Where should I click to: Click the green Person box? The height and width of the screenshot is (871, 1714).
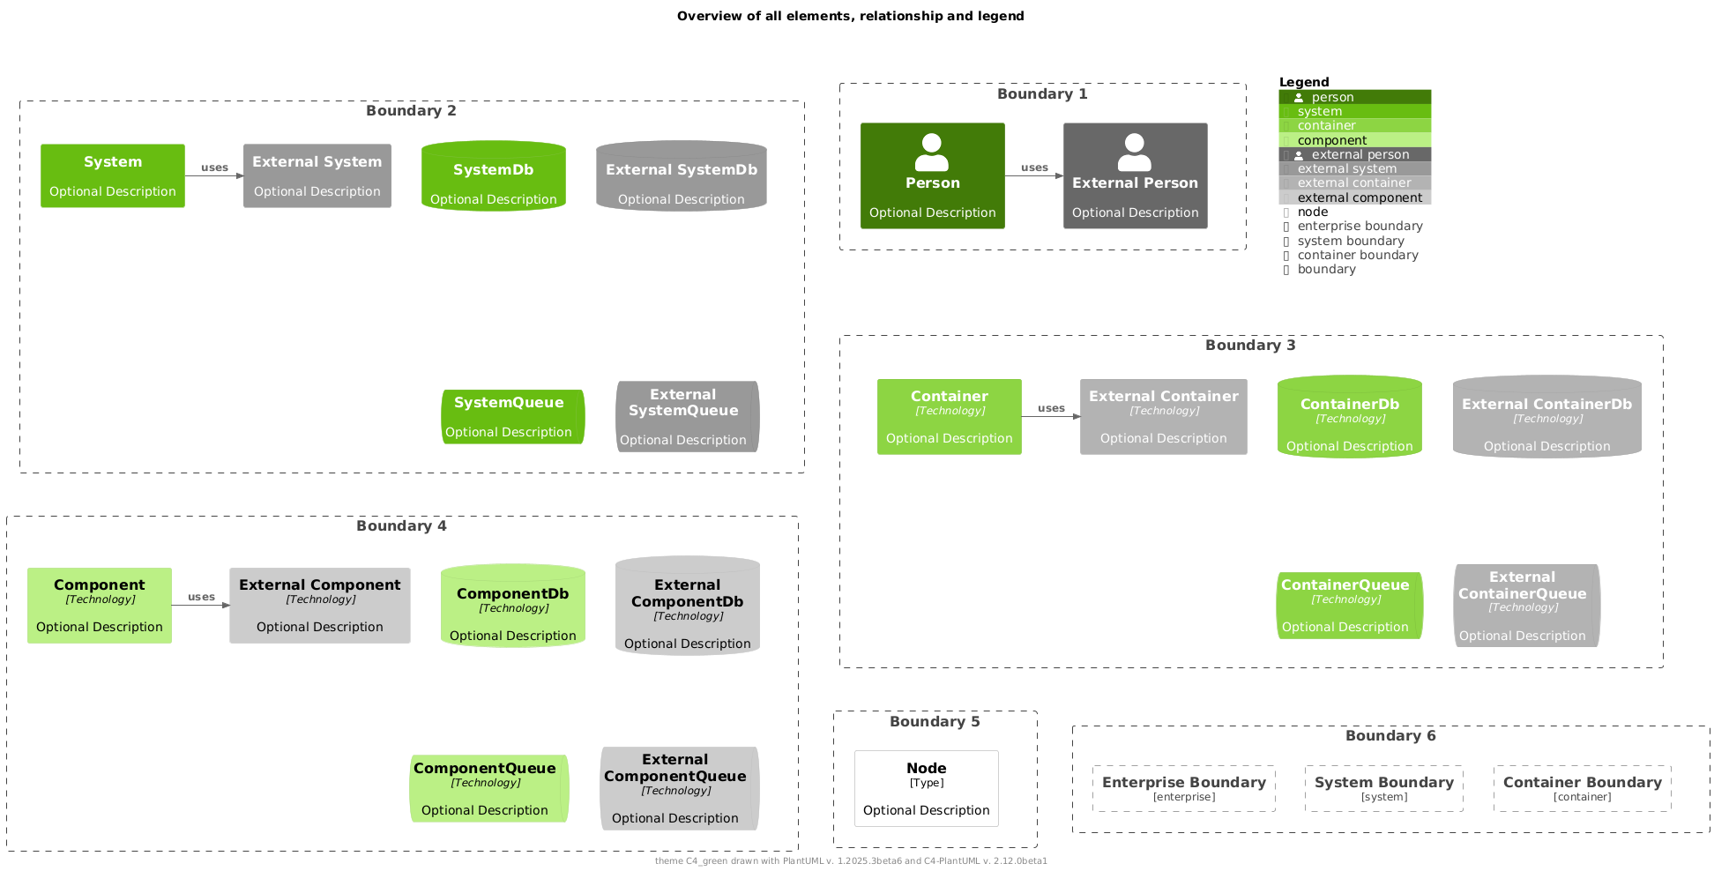pos(933,175)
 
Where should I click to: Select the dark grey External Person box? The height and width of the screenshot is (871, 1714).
pos(1136,175)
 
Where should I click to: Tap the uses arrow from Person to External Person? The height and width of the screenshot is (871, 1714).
pos(1034,175)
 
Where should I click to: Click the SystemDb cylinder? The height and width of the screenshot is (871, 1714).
pos(494,175)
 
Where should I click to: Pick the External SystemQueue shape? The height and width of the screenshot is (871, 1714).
pos(688,416)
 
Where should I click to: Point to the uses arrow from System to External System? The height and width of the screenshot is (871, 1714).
pos(214,175)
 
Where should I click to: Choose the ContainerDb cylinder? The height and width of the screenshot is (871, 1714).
pos(1350,417)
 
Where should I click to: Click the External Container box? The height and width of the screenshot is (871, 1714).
pos(1164,417)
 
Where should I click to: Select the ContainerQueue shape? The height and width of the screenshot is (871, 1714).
pos(1350,606)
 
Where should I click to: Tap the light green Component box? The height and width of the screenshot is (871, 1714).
pos(100,606)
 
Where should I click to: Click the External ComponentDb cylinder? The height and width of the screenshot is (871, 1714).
pos(688,606)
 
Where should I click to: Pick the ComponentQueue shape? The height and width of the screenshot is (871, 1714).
pos(489,788)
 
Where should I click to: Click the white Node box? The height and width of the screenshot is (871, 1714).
pos(927,788)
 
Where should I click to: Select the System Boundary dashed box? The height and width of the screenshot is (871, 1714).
pos(1384,788)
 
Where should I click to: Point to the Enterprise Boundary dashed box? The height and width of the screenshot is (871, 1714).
pos(1184,788)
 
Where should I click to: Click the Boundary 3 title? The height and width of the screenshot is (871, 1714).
pos(1250,345)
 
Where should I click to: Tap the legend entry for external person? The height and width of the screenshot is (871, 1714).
pos(1355,154)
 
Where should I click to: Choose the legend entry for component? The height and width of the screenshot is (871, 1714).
pos(1355,140)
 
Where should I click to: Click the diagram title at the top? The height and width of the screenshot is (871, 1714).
pos(851,16)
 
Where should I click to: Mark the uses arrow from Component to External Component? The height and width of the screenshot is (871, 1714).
pos(201,606)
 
